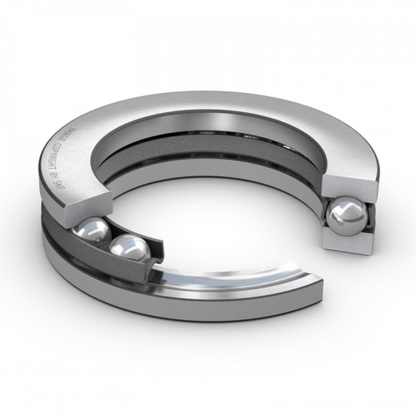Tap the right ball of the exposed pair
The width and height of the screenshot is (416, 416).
coord(129,249)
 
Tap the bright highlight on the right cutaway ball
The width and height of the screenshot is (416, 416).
coord(340,212)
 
